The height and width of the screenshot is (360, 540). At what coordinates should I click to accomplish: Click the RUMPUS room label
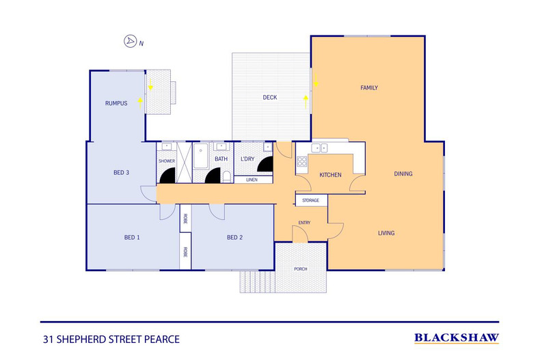[x=117, y=104]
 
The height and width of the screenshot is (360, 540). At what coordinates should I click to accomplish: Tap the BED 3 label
[x=121, y=173]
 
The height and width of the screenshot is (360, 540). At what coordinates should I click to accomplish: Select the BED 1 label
[x=131, y=237]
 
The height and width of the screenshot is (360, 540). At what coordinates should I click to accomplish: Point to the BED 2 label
[x=234, y=237]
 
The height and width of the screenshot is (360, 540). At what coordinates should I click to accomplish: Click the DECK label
[x=270, y=98]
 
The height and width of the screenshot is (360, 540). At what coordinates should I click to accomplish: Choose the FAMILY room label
[x=369, y=87]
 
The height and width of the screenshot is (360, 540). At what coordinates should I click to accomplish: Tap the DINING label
[x=403, y=174]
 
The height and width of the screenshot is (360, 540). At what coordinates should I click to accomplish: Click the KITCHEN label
[x=330, y=176]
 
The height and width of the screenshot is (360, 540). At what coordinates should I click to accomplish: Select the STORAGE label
[x=311, y=200]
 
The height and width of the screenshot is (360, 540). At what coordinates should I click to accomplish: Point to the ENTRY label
[x=304, y=223]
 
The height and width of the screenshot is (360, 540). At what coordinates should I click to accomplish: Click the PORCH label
[x=301, y=268]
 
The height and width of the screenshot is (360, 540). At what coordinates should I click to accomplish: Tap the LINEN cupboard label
[x=252, y=180]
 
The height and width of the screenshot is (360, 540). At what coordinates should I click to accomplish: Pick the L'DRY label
[x=247, y=160]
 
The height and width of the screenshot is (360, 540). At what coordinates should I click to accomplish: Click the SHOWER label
[x=167, y=161]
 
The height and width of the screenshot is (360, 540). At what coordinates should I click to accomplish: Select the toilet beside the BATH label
[x=226, y=177]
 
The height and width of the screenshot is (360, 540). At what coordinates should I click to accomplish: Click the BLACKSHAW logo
[x=457, y=337]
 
